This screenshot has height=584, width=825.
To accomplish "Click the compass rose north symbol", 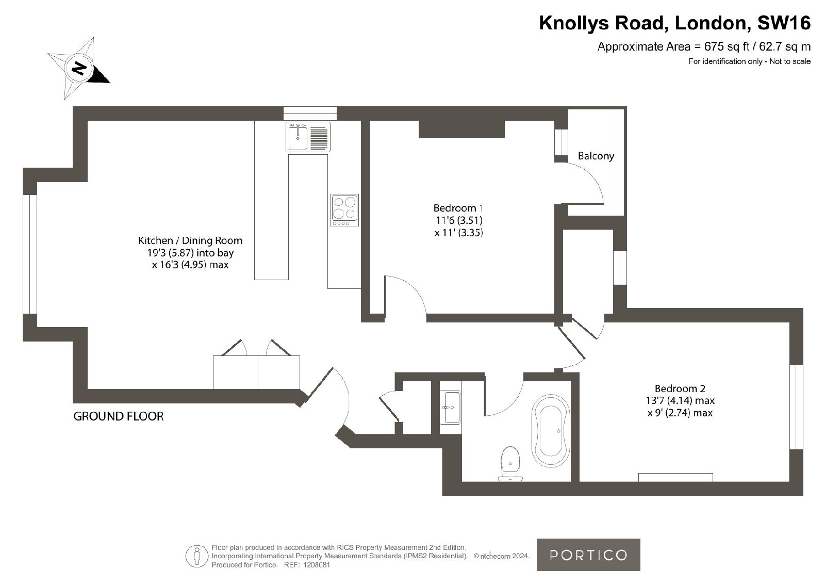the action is click(x=78, y=68).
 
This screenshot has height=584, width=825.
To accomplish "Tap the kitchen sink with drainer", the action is click(x=308, y=137).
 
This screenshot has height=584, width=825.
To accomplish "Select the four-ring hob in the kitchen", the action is click(x=344, y=210).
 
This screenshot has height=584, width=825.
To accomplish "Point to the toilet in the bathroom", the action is click(x=510, y=463).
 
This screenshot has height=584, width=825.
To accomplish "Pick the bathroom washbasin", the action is click(x=450, y=407).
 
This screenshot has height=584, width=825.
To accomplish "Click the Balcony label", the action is click(x=596, y=156).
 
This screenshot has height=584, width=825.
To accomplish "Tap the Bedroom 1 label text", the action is click(x=458, y=208).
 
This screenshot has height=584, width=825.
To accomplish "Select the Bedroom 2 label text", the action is click(x=680, y=388).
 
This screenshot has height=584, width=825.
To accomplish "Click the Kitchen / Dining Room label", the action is click(x=190, y=240).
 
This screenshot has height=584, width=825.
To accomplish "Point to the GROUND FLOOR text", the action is click(x=118, y=416).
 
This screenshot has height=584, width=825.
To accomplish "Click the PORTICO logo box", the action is click(x=588, y=555).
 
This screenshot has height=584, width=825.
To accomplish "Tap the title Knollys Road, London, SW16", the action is click(x=675, y=23).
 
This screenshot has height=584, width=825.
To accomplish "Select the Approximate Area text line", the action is click(x=704, y=47).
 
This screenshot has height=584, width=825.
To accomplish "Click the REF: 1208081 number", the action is click(x=307, y=565).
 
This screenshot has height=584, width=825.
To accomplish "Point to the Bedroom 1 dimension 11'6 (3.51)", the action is click(x=459, y=220).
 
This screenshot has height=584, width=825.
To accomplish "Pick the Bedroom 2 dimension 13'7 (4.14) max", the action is click(x=680, y=400).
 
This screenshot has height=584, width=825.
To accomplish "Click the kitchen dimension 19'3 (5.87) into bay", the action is click(x=190, y=253).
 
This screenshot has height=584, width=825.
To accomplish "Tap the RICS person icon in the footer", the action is click(x=196, y=556).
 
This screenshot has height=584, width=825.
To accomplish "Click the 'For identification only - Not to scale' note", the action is click(x=750, y=61).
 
